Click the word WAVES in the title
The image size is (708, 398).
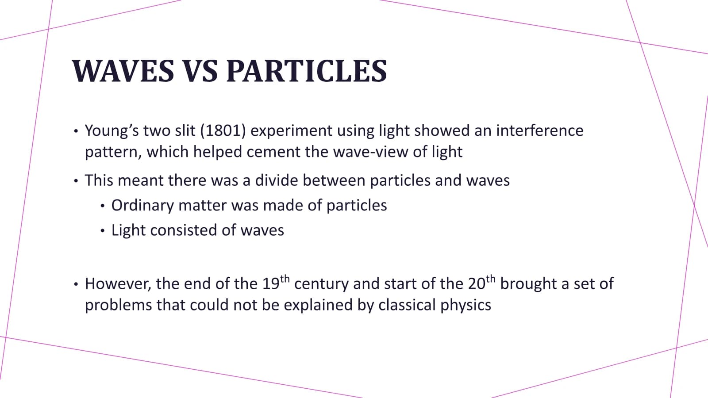pyautogui.click(x=123, y=71)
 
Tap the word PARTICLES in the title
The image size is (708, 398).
pyautogui.click(x=307, y=71)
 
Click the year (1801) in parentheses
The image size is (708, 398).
pyautogui.click(x=223, y=130)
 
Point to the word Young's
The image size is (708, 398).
pyautogui.click(x=112, y=131)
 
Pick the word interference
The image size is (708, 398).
pyautogui.click(x=539, y=130)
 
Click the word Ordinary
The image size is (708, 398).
pyautogui.click(x=142, y=206)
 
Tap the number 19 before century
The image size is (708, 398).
pyautogui.click(x=271, y=283)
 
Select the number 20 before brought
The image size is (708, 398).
pyautogui.click(x=477, y=283)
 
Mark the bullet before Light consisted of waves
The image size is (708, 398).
pyautogui.click(x=102, y=231)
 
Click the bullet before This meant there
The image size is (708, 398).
pyautogui.click(x=76, y=181)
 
